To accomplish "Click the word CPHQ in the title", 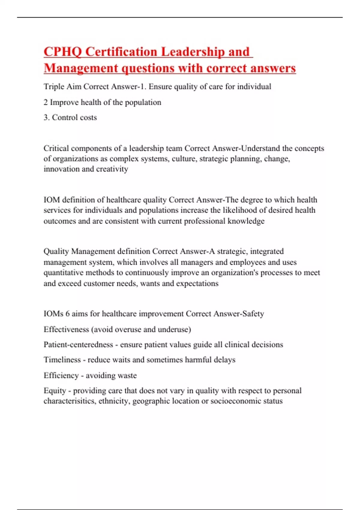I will coord(62,52).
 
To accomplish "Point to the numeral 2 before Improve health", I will coord(46,102).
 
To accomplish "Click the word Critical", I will coord(56,148).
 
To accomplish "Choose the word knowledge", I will coord(246,221).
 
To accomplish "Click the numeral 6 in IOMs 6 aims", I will coord(67,314).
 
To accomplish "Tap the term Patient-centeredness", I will coord(78,344).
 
